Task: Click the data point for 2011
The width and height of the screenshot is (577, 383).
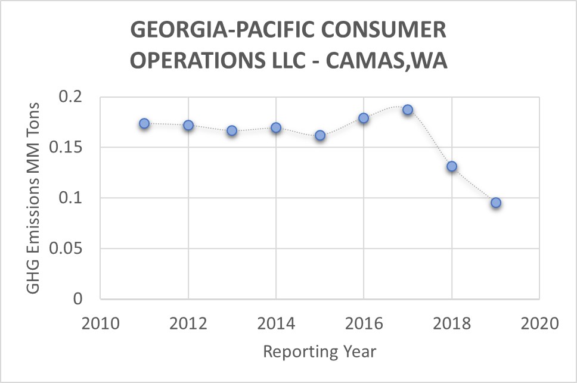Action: [144, 123]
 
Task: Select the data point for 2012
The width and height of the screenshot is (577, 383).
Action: [188, 125]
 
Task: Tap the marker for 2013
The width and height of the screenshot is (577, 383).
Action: [232, 130]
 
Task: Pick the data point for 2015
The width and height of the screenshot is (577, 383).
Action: [320, 135]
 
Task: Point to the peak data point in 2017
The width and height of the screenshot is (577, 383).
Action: [408, 110]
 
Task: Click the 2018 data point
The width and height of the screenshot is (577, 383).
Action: [452, 166]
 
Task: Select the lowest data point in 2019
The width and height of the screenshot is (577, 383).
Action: [495, 203]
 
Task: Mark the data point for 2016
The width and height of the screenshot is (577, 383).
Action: [364, 118]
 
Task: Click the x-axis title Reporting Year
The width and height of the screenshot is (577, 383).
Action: [320, 351]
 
